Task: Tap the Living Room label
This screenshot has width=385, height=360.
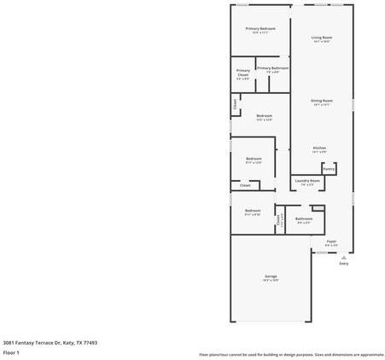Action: (322, 38)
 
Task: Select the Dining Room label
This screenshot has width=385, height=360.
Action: (322, 101)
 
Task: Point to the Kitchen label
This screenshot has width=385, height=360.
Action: (319, 148)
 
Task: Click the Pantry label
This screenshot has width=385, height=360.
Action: (329, 169)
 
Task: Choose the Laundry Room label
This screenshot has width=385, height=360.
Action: (307, 180)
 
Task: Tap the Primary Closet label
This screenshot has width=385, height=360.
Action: (243, 73)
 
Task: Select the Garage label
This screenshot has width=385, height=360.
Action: (271, 278)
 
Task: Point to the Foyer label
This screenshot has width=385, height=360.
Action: (331, 241)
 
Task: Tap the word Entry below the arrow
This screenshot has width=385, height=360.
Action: (344, 264)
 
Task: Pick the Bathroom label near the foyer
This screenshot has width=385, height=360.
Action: (304, 218)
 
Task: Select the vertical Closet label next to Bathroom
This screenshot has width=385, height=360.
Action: (279, 220)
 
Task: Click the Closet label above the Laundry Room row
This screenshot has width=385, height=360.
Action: (245, 185)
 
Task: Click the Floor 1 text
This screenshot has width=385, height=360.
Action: (11, 352)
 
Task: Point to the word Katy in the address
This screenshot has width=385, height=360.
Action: (67, 342)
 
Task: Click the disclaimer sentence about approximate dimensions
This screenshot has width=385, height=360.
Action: (291, 354)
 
